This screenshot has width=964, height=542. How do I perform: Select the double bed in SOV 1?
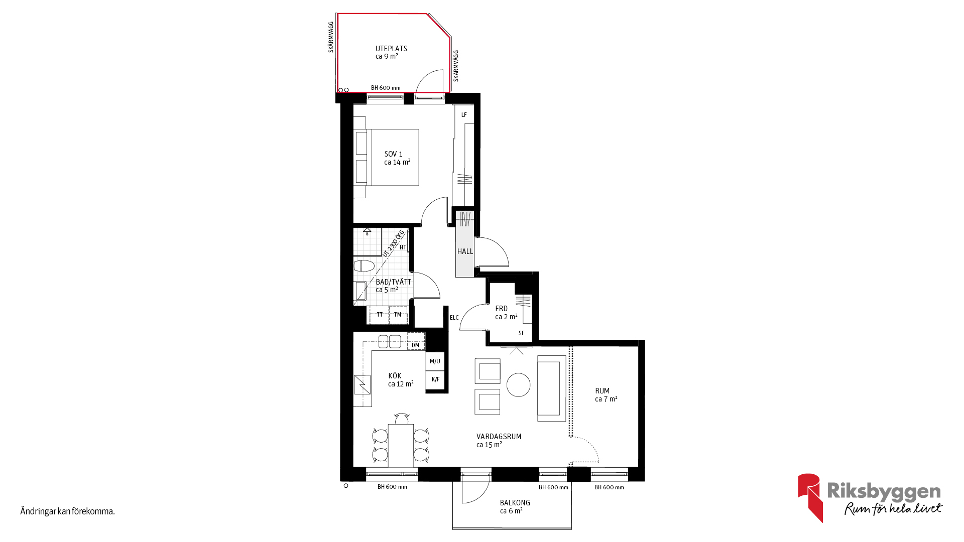386,158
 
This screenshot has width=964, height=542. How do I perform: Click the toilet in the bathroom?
364,265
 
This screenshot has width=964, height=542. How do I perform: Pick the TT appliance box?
380,315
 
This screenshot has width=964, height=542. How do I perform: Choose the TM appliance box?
398,315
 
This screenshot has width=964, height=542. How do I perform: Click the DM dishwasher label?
415,345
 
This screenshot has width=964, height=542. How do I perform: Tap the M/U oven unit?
435,361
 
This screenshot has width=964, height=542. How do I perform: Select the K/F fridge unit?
435,379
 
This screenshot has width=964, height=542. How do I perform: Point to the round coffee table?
519,385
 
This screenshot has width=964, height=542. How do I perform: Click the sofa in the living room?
552,388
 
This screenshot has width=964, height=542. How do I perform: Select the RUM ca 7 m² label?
606,395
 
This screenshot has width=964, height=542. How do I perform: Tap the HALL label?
465,251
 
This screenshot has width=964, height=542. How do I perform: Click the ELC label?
454,318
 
